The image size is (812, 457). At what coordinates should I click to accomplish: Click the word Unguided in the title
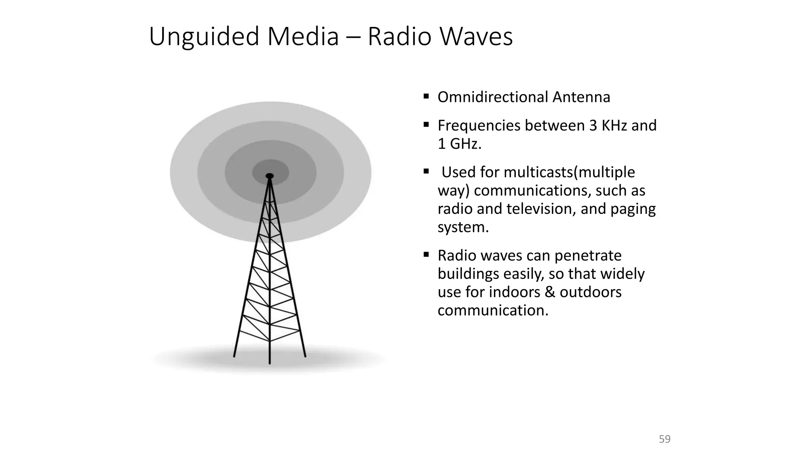pos(204,37)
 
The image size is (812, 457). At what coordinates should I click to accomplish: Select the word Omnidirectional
pos(492,97)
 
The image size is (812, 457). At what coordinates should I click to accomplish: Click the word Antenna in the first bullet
pos(581,97)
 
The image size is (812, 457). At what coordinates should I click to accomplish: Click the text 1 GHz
pos(459,144)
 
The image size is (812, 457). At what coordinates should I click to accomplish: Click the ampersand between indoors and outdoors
pos(550,292)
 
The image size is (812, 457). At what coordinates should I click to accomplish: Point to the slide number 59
pos(665,439)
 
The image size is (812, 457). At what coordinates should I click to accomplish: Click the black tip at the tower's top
pos(270,176)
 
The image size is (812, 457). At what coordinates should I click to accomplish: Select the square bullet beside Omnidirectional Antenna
pos(426,96)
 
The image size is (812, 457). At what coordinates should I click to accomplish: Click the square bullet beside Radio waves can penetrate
pos(426,254)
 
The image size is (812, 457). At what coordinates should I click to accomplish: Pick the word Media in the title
pos(303,37)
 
